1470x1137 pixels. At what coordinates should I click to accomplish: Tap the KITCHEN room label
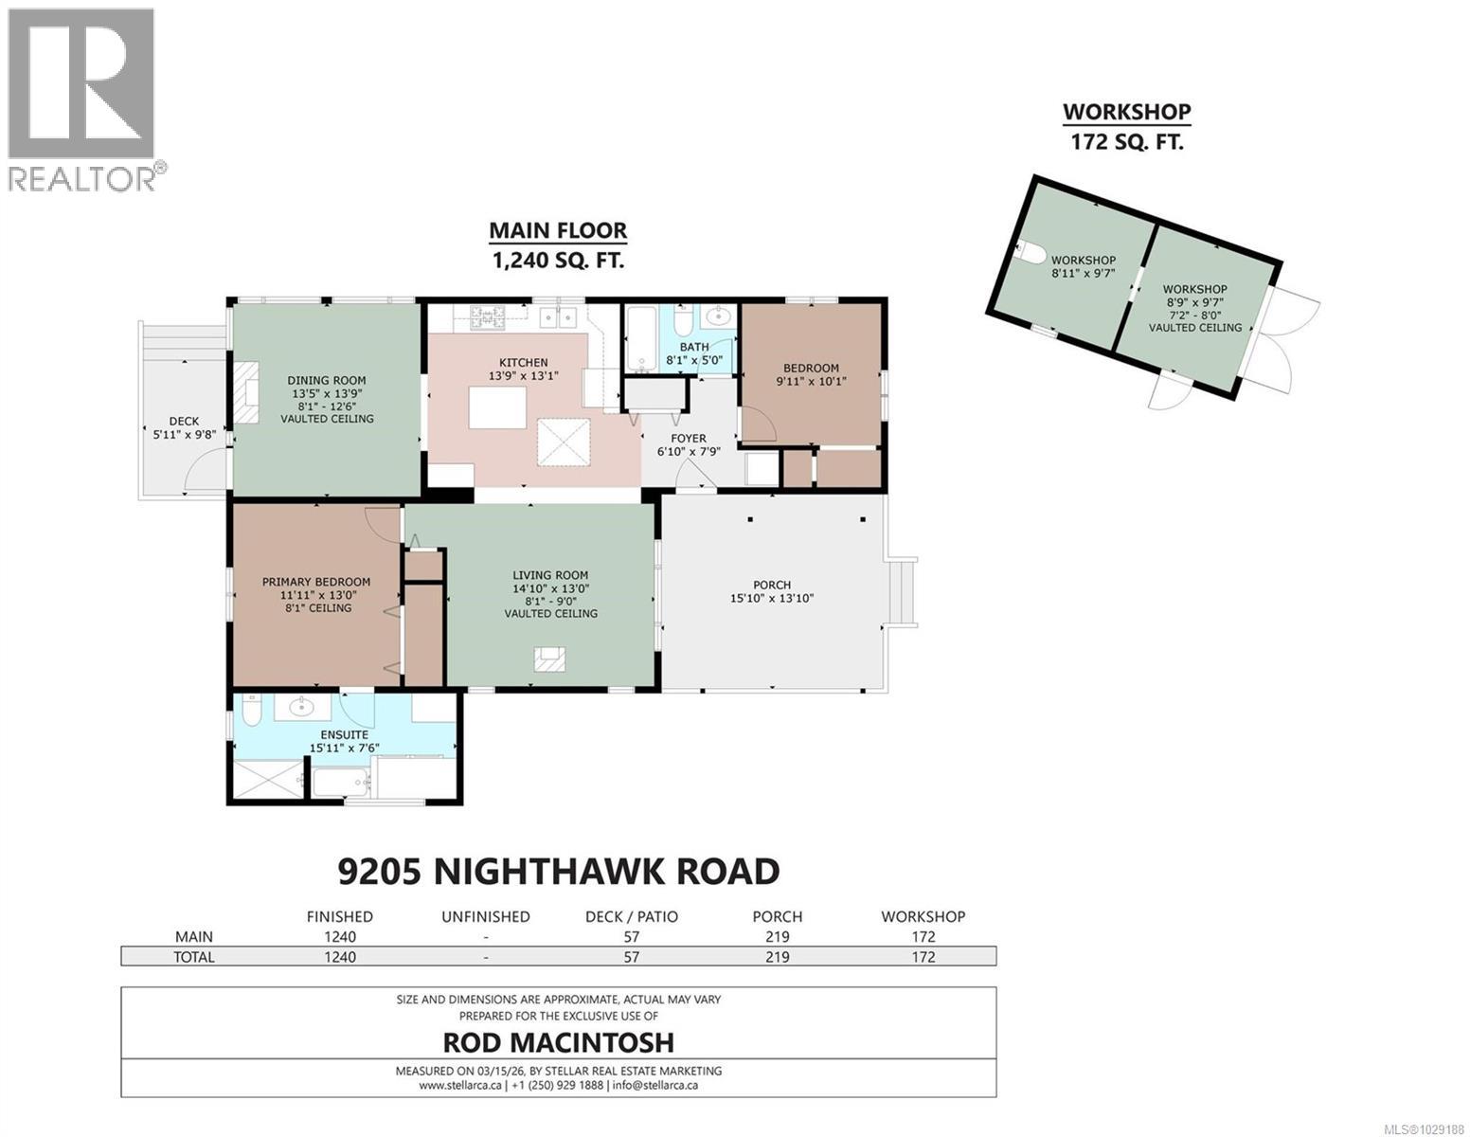pos(524,362)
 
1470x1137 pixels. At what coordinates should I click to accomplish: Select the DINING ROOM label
pos(326,381)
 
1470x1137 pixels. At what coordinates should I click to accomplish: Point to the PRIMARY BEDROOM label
pos(316,582)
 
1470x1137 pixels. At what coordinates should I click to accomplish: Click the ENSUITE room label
pos(345,734)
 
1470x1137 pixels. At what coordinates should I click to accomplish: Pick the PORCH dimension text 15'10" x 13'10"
pos(772,598)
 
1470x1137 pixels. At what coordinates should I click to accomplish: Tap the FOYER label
pos(689,438)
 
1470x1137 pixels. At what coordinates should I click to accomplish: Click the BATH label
pos(700,347)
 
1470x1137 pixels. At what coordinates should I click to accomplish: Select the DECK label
pos(184,422)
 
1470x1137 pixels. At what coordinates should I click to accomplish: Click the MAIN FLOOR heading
pos(557,230)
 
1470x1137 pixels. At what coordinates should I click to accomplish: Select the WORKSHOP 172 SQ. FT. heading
pos(1126,126)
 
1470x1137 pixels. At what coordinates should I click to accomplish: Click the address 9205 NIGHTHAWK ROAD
pos(559,870)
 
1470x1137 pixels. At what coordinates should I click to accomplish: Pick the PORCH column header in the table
pos(777,916)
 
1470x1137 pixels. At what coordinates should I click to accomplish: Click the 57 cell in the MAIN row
pos(631,936)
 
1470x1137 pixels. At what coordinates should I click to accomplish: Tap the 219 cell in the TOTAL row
pos(777,957)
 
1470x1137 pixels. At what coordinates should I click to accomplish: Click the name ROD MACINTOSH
pos(559,1042)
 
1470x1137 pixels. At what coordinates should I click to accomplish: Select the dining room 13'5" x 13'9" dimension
pos(326,393)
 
